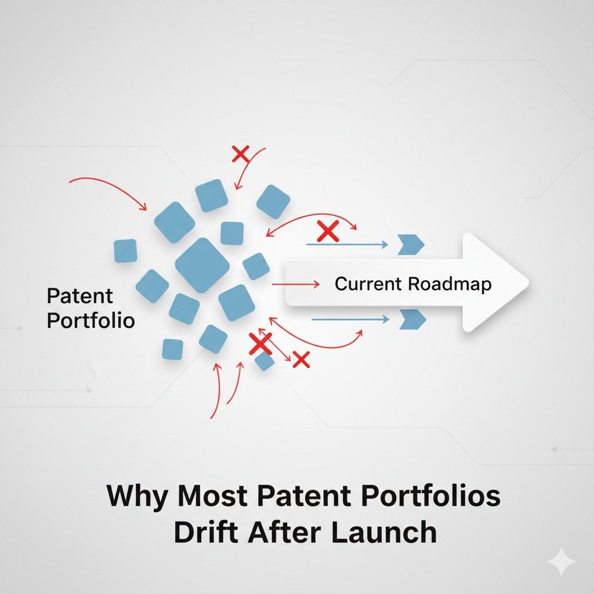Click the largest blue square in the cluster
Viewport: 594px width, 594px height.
click(202, 265)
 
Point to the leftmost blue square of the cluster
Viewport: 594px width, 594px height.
click(125, 251)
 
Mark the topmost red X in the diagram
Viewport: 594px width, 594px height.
click(240, 154)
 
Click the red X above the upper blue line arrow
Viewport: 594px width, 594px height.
click(328, 231)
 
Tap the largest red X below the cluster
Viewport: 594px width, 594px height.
click(260, 343)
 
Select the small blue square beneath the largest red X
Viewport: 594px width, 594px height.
click(265, 361)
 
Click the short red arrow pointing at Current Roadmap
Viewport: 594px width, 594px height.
click(295, 284)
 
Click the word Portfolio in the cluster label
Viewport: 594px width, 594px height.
click(90, 320)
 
